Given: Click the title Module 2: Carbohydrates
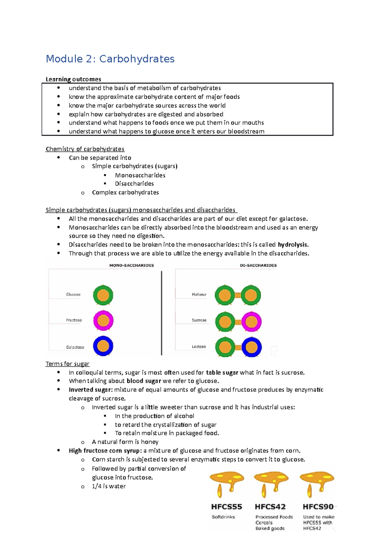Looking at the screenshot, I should pyautogui.click(x=110, y=59).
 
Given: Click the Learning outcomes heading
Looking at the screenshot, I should pyautogui.click(x=73, y=79).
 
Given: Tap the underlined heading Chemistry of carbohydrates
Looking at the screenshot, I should pyautogui.click(x=85, y=149).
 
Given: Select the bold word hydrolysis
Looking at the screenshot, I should pyautogui.click(x=293, y=245).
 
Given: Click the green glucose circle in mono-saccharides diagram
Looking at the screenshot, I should pyautogui.click(x=103, y=295).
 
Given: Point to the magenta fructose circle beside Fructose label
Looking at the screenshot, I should pyautogui.click(x=103, y=321).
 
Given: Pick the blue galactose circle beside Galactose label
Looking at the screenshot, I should pyautogui.click(x=103, y=346).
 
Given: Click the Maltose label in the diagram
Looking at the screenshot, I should pyautogui.click(x=199, y=294).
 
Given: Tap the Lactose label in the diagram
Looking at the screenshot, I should pyautogui.click(x=199, y=347).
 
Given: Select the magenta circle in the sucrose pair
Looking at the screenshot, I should pyautogui.click(x=251, y=322).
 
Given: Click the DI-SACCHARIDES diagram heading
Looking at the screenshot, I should pyautogui.click(x=258, y=265).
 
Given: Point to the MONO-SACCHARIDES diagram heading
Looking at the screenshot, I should pyautogui.click(x=131, y=265).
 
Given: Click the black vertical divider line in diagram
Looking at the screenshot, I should pyautogui.click(x=162, y=313).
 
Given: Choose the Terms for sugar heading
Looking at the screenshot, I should pyautogui.click(x=67, y=364).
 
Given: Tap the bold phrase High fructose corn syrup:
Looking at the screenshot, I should pyautogui.click(x=105, y=451).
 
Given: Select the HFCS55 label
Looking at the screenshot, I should pyautogui.click(x=227, y=507).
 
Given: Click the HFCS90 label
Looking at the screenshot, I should pyautogui.click(x=318, y=507).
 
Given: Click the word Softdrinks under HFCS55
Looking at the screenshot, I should pyautogui.click(x=223, y=517).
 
